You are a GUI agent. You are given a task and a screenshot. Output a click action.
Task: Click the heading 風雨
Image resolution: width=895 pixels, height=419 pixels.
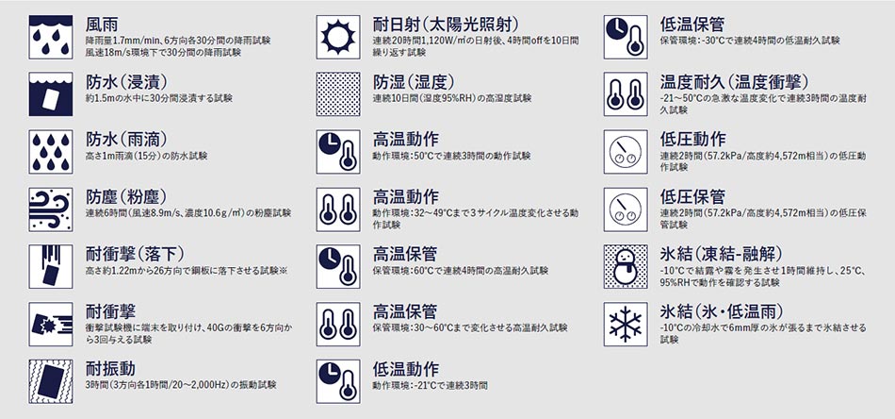(102, 25)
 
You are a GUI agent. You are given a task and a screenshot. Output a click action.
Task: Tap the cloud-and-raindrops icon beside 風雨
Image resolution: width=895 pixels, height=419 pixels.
(51, 37)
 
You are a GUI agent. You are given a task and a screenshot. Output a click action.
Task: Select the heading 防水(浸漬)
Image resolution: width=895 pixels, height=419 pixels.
(126, 82)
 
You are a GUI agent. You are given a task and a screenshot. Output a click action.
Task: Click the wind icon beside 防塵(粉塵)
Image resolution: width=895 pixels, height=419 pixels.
(51, 209)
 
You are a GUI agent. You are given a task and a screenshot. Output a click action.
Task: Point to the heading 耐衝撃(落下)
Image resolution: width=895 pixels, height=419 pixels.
(135, 254)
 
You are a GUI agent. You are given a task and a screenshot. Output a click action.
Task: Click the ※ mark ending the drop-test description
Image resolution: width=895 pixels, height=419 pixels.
(284, 271)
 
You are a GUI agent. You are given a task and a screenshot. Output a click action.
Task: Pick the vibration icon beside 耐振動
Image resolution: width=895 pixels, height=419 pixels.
(51, 382)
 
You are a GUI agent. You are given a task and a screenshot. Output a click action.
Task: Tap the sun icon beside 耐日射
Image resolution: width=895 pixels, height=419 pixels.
(338, 37)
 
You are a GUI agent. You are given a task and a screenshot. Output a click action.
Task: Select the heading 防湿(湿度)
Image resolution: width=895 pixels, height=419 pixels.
(414, 82)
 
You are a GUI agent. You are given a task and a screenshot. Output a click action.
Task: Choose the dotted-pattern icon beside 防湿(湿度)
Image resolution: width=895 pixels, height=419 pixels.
(338, 94)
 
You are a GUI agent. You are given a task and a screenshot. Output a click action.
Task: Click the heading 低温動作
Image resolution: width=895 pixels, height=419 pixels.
(406, 369)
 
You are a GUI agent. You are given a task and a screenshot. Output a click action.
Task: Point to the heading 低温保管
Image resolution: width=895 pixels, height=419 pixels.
(692, 25)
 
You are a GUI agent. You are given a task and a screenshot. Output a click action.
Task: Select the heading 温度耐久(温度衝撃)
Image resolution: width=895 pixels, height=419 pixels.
(734, 82)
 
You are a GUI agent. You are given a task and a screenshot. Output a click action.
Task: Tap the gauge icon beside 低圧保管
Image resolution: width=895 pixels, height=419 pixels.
(626, 209)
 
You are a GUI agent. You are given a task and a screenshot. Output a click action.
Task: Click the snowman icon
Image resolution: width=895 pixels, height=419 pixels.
(626, 267)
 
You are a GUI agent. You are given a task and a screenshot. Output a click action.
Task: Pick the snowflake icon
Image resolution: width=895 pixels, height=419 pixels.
(626, 324)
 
